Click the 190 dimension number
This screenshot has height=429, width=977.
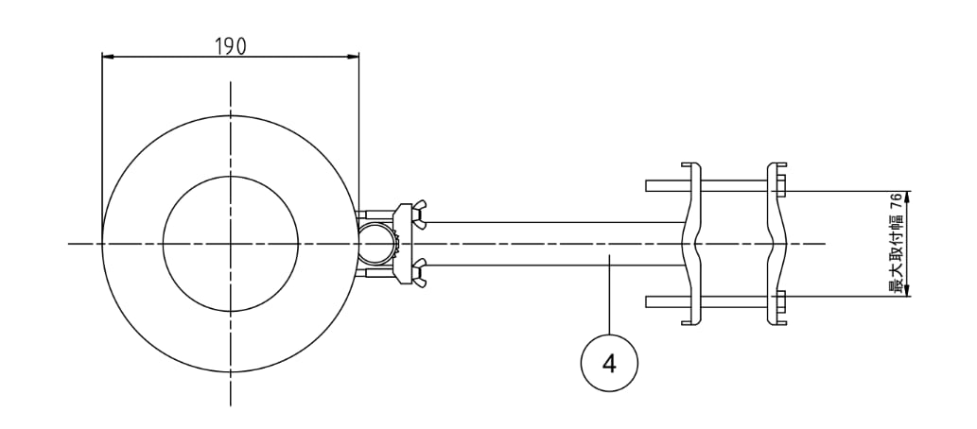point(231,46)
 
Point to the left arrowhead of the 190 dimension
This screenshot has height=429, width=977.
point(108,57)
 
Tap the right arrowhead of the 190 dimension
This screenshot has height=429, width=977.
point(353,57)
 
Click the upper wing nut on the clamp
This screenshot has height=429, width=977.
point(419,214)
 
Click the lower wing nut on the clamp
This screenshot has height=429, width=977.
point(419,274)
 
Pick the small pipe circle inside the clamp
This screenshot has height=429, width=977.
point(377,244)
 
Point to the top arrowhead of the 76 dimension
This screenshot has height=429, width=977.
point(907,197)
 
